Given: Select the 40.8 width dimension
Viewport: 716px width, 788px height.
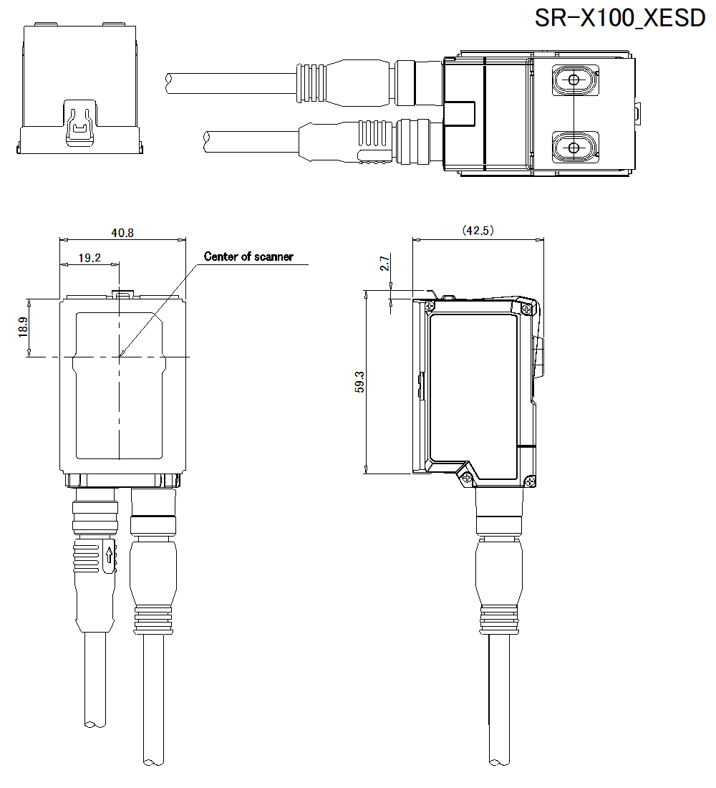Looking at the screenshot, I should (122, 232).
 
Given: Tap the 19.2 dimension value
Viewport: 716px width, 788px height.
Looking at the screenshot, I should (89, 257).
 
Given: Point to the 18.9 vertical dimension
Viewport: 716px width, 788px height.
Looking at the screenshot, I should (23, 327).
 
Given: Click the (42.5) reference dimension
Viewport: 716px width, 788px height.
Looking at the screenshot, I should (478, 231).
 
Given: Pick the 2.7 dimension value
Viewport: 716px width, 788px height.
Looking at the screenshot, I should (384, 264).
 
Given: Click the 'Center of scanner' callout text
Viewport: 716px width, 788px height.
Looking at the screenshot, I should (248, 256).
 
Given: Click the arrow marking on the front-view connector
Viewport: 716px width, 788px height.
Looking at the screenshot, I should (109, 555).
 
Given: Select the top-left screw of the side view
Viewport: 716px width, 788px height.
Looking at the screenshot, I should (429, 306).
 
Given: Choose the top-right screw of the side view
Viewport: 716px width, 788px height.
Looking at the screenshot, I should (527, 308).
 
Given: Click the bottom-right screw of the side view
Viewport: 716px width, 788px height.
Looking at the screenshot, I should (528, 481).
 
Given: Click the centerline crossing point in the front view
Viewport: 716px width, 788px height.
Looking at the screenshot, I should (119, 356).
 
